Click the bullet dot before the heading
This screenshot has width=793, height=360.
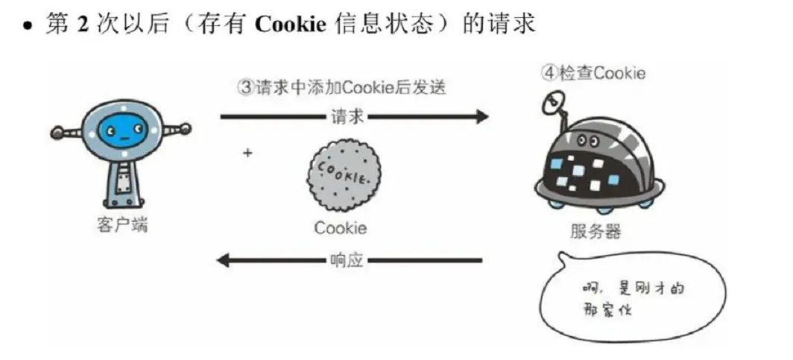28,25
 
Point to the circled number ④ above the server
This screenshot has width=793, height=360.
549,73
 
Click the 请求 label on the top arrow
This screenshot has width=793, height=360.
348,116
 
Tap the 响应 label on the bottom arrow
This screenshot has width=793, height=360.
348,261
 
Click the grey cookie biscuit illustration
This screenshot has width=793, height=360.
344,177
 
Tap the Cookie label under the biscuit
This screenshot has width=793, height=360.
340,228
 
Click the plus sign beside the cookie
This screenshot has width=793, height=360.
247,153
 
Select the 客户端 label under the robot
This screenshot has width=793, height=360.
121,224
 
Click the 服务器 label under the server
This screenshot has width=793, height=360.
595,231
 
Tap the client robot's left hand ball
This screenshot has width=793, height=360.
57,135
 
